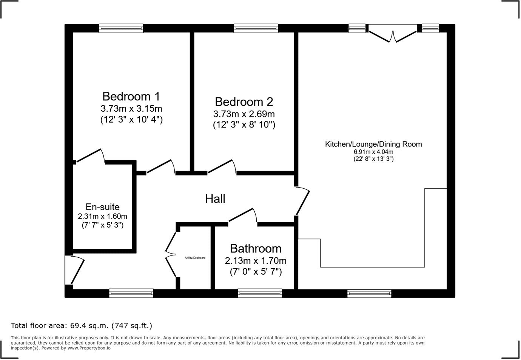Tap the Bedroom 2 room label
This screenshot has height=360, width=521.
[244, 102]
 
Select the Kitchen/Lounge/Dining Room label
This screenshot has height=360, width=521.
[373, 144]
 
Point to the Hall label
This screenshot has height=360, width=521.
[215, 198]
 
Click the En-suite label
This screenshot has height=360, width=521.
[102, 207]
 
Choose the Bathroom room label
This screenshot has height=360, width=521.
[256, 248]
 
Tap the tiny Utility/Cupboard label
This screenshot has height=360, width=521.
[195, 258]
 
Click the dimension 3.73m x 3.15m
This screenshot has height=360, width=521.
[131, 109]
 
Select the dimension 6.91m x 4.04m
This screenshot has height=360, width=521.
[373, 152]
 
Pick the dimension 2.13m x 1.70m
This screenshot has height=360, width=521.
[256, 260]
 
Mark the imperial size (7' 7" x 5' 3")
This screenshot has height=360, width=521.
[102, 225]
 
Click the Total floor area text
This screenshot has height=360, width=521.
[82, 325]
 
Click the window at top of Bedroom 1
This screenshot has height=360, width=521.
[121, 28]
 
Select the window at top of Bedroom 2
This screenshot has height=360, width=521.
[256, 28]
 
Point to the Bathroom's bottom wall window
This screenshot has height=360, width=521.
[260, 293]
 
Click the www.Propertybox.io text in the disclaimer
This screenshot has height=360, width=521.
[89, 348]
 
